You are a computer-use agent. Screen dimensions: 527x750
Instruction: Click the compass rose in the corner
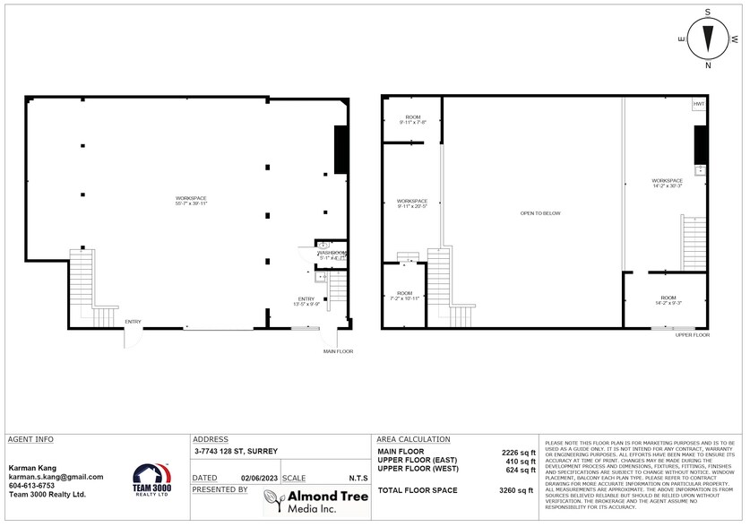point(708,39)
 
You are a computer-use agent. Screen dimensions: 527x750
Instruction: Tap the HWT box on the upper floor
point(699,105)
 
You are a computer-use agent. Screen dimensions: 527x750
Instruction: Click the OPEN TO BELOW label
point(540,212)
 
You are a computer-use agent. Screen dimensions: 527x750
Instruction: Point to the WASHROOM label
point(331,255)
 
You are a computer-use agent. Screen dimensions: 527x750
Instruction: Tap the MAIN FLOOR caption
point(338,351)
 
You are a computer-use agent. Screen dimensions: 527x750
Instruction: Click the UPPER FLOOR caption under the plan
point(692,334)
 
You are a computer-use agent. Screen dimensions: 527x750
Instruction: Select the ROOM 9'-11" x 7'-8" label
point(413,120)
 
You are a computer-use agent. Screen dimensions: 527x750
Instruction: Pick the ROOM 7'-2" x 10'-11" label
point(404,295)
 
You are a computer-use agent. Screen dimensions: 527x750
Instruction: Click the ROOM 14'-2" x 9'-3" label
point(668,300)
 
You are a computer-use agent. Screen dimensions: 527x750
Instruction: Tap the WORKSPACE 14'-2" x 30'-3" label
point(668,183)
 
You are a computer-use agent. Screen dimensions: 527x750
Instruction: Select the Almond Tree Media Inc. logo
point(314,502)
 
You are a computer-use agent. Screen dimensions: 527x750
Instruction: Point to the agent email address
point(56,477)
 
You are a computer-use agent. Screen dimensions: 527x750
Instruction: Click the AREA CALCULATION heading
point(413,439)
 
